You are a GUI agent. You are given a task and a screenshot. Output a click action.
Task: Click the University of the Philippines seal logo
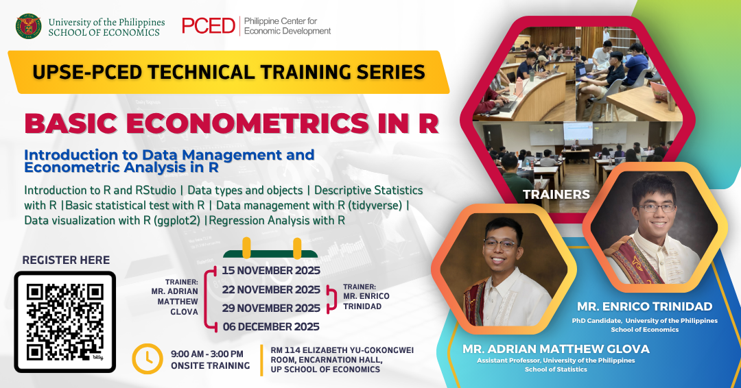pos(28,26)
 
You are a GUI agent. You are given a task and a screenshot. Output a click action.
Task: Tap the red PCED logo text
pos(209,26)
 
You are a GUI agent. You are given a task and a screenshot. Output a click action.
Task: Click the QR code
pos(65,322)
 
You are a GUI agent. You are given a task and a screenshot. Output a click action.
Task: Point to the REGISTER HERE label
pos(66,260)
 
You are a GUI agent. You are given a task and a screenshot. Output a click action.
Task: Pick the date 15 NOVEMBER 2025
pos(271,271)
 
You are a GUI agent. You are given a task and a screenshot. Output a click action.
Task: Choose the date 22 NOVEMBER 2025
pos(271,289)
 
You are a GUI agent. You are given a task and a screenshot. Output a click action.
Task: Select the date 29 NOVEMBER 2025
pos(271,308)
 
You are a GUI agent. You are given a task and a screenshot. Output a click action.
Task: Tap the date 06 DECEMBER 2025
pos(271,326)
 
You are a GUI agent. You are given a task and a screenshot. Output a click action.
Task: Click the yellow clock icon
pos(148,359)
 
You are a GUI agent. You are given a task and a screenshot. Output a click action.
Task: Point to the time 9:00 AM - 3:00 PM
pos(207,354)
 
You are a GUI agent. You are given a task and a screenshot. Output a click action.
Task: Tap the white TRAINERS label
pos(556,195)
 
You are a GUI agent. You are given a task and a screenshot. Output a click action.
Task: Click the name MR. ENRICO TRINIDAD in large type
pos(644,306)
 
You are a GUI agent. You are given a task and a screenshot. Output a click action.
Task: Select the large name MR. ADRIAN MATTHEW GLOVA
pos(556,349)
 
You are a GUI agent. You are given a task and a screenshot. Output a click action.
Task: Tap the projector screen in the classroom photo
pos(578,133)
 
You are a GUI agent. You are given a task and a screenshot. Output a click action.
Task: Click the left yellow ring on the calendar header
pos(246,247)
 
